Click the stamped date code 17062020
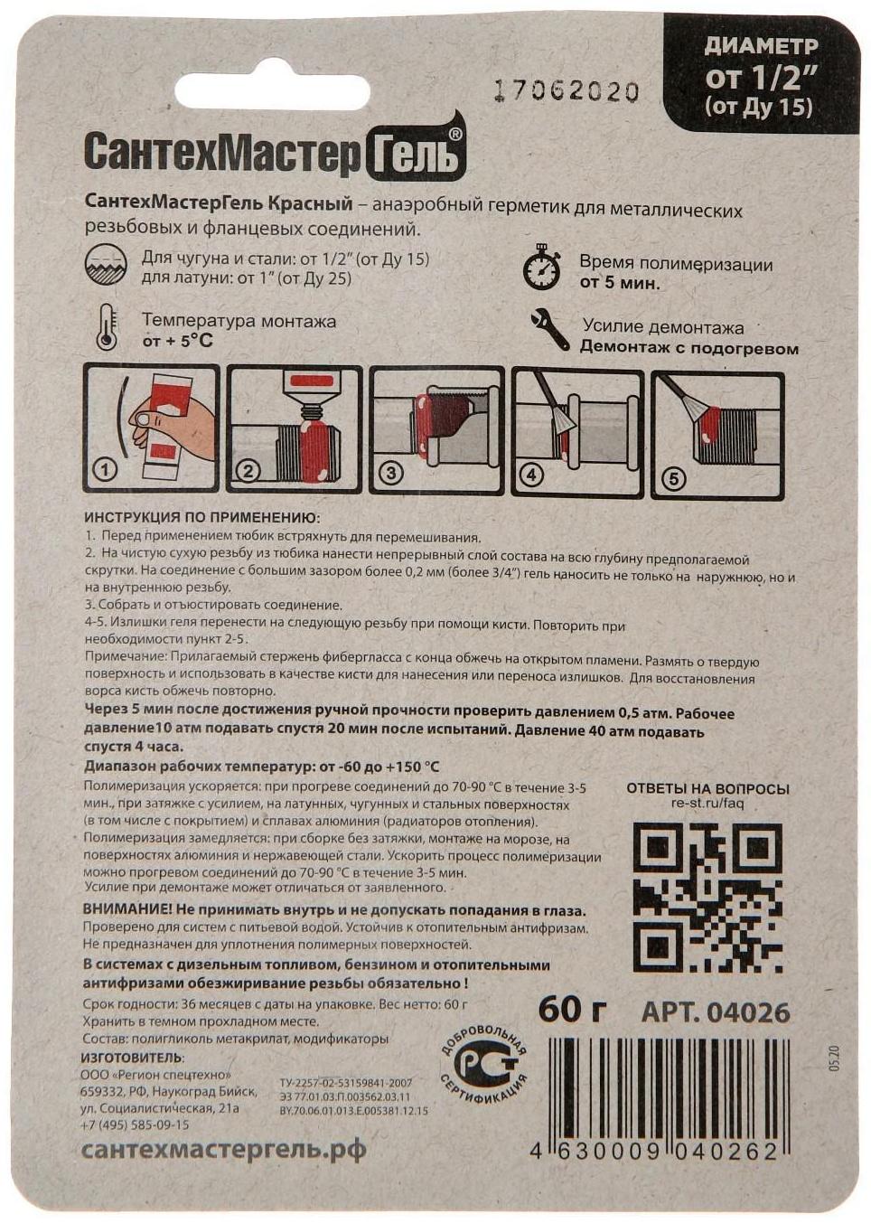567,91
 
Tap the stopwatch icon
542,267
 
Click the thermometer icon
107,327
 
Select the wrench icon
550,329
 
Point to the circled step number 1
106,470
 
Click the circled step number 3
390,473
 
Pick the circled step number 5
673,479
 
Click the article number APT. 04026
715,1012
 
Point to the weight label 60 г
572,1010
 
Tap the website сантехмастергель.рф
224,1150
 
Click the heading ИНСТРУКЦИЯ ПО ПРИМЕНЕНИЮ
201,518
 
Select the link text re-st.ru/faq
707,804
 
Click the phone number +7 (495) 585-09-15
135,1124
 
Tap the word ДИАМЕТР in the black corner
761,45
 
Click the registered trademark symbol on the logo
455,134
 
